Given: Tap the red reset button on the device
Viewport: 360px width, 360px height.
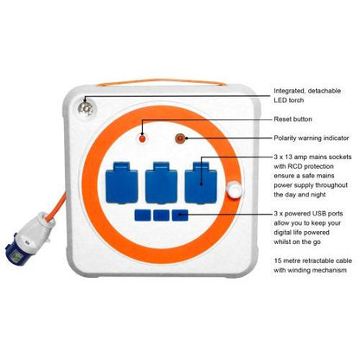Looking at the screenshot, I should coord(145,138).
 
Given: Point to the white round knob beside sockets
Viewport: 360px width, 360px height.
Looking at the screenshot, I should coord(231,191).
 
